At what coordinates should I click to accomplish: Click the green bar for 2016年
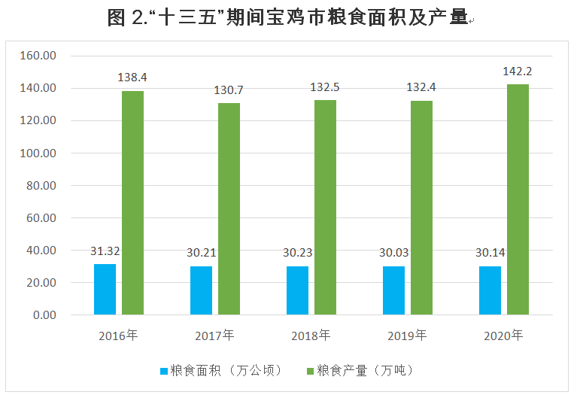(132, 202)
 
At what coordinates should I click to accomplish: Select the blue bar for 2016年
(105, 289)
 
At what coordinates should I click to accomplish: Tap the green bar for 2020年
(518, 199)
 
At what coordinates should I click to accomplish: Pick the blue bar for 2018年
(297, 290)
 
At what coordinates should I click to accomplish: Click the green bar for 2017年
(229, 208)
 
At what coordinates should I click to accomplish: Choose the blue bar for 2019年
(393, 290)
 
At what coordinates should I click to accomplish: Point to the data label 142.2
(518, 71)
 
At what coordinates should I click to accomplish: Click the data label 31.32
(105, 251)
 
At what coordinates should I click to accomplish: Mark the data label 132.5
(325, 87)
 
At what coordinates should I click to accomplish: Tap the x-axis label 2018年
(311, 336)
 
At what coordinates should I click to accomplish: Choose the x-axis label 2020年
(503, 336)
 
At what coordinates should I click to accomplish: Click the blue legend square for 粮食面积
(163, 371)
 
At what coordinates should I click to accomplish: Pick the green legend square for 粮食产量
(310, 371)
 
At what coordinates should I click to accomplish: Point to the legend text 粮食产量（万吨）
(366, 371)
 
